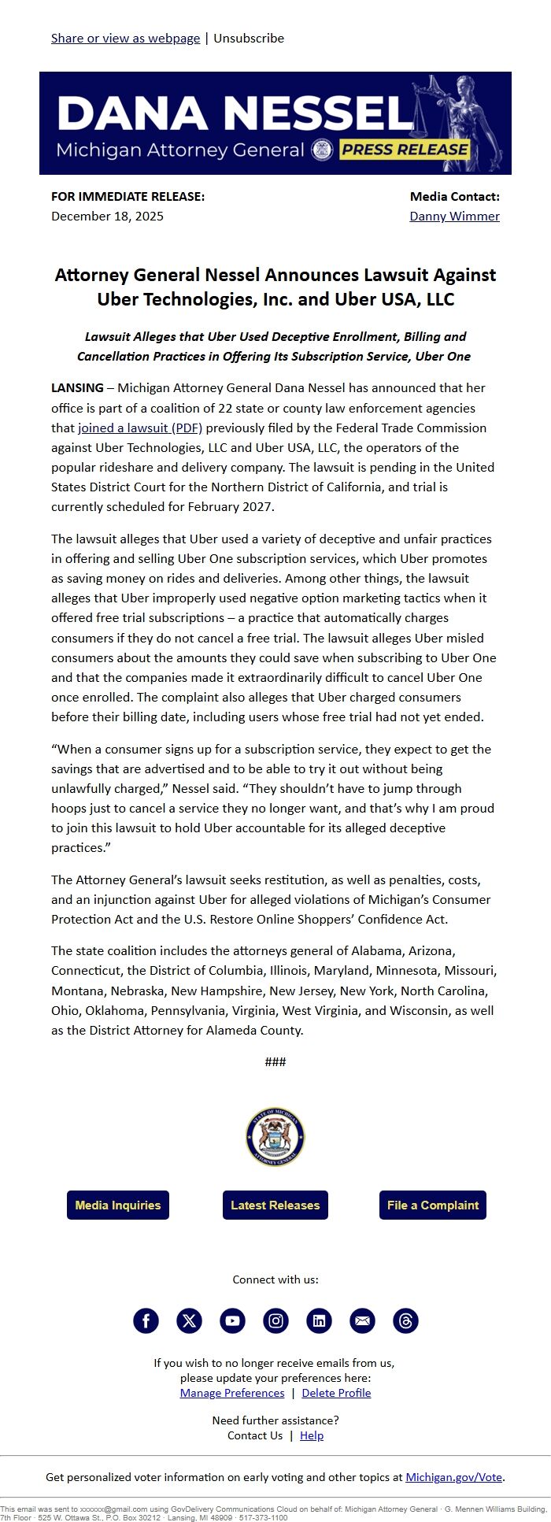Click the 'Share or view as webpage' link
(125, 38)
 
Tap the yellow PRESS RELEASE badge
(405, 150)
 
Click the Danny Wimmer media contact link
(454, 216)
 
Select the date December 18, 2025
(107, 216)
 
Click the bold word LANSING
(77, 387)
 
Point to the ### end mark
(275, 1061)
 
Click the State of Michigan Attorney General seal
(275, 1138)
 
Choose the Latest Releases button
(275, 1205)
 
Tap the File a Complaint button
(433, 1205)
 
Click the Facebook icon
(146, 1320)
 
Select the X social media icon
(189, 1320)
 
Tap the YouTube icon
(232, 1320)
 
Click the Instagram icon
(275, 1320)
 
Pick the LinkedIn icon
(319, 1320)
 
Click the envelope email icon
(362, 1320)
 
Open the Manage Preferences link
(232, 1393)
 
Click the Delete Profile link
(336, 1393)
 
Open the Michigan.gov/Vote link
(453, 1477)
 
